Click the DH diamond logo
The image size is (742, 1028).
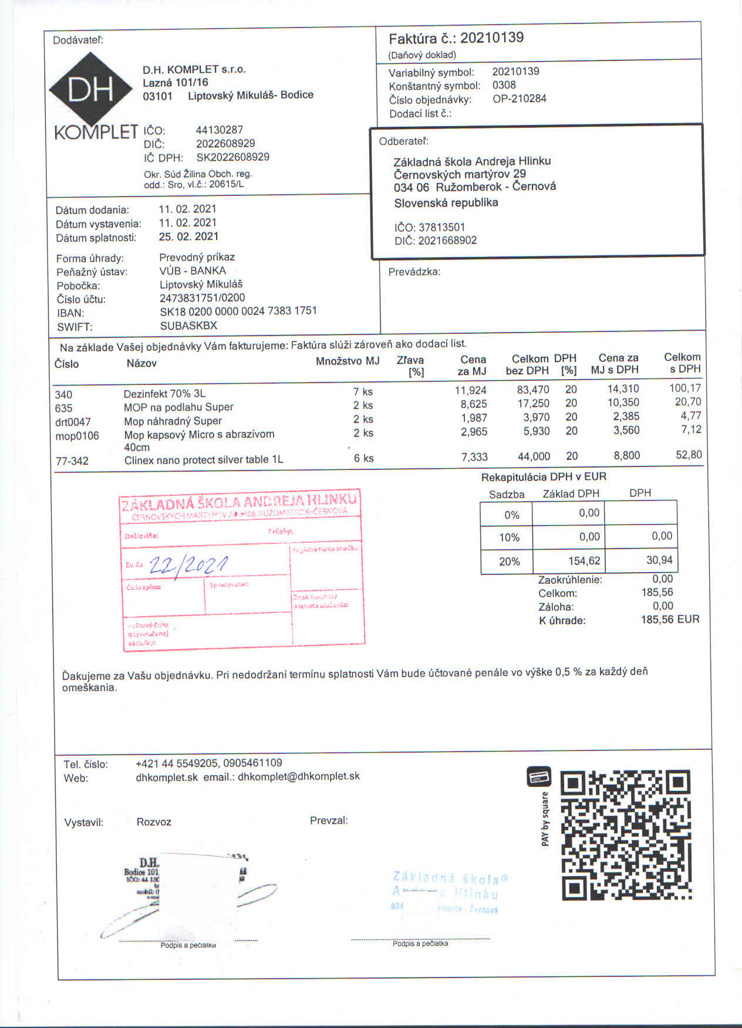(x=90, y=90)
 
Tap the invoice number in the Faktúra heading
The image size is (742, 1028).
(x=491, y=38)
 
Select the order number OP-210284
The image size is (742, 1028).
(x=519, y=99)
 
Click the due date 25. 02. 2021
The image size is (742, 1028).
(x=188, y=236)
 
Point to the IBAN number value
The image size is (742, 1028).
(x=238, y=311)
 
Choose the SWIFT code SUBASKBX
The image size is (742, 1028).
(x=188, y=325)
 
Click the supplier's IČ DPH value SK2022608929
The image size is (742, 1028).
(x=232, y=157)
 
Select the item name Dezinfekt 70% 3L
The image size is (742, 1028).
(x=164, y=393)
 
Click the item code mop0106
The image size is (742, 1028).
(x=77, y=436)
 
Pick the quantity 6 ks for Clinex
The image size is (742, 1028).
(x=363, y=458)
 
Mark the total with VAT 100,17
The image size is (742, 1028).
(x=684, y=388)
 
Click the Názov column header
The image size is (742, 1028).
(x=141, y=363)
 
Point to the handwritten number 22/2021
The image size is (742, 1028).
(x=188, y=564)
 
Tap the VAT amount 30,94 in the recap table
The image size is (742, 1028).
(x=659, y=560)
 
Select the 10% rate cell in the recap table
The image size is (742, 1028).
(x=509, y=537)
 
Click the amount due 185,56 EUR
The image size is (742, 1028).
(x=670, y=619)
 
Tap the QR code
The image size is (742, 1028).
(x=626, y=835)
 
